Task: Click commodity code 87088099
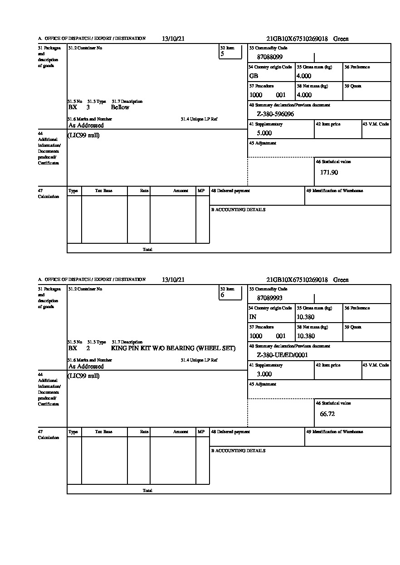tap(269, 57)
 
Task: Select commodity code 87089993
tap(269, 298)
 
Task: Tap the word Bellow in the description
tap(120, 107)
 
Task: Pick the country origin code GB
tap(254, 76)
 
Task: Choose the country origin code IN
tap(253, 317)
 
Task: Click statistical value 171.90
tap(329, 173)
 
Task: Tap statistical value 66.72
tap(327, 414)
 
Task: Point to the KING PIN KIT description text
tap(173, 348)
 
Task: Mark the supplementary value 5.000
tap(264, 133)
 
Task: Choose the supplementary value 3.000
tap(264, 374)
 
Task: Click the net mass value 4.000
tap(304, 95)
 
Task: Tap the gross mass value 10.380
tap(306, 317)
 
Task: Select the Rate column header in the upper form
tap(144, 191)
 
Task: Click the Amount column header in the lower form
tap(180, 432)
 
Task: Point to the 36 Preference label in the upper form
tap(357, 67)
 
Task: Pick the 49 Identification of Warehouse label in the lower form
tap(334, 432)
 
